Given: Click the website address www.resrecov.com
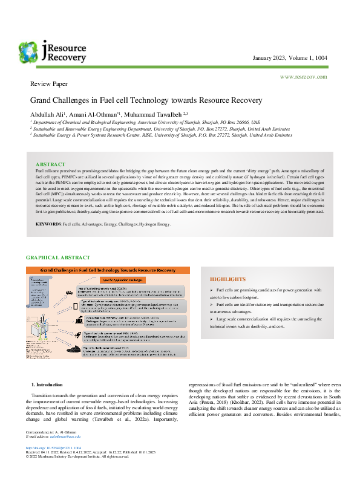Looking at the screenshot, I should pos(303,77).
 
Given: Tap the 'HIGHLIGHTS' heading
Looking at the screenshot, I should pos(227,279).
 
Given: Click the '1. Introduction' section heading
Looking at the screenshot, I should pos(47,384).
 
